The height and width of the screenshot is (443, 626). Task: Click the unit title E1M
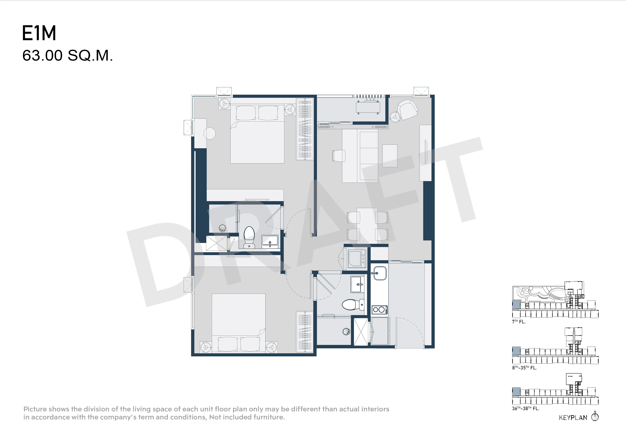pos(39,33)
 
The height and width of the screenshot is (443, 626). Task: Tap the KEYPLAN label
pos(573,418)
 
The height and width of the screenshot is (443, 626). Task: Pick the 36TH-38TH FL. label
pos(526,409)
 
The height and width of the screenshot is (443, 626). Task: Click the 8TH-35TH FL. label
pos(524,368)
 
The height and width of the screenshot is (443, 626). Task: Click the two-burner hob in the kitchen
pos(379,310)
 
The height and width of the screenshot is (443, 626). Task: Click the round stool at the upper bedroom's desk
pos(209,133)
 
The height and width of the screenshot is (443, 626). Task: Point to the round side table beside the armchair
pos(395,117)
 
